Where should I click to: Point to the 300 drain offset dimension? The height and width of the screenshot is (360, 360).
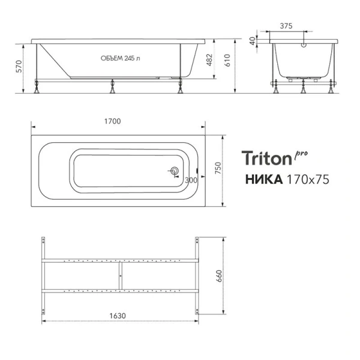191,180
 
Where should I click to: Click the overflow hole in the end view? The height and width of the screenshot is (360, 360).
304,43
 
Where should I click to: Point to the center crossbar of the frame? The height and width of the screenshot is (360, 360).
120,275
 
